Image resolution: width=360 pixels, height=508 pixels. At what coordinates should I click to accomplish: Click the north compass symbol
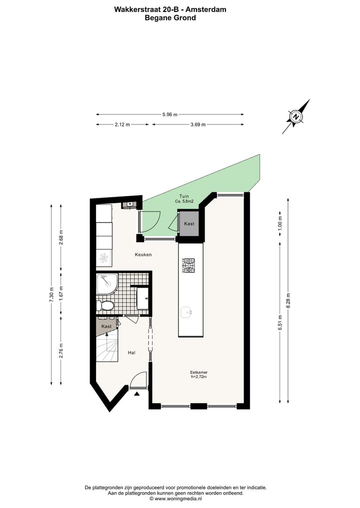(296, 117)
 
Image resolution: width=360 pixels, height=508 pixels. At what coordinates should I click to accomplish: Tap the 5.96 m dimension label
(170, 114)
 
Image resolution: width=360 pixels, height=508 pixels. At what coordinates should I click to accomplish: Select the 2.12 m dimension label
(121, 125)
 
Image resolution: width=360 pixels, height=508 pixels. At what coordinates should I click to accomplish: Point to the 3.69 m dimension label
(198, 125)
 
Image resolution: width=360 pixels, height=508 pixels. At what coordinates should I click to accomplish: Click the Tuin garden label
(184, 196)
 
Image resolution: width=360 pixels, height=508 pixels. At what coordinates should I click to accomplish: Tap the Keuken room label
(143, 255)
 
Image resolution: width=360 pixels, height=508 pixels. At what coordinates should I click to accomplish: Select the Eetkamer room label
(198, 372)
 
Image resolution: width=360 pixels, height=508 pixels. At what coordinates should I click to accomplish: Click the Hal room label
(131, 353)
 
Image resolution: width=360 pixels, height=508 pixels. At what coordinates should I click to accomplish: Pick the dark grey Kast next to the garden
(189, 224)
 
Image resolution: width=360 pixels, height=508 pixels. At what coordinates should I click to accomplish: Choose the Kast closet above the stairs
(106, 326)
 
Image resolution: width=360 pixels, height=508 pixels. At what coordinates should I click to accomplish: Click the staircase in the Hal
(107, 348)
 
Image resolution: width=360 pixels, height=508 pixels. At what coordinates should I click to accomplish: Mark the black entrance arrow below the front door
(137, 394)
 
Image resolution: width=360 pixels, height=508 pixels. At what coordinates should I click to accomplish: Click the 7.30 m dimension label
(51, 294)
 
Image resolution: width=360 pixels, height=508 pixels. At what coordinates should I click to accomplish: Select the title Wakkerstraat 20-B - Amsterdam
(170, 9)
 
